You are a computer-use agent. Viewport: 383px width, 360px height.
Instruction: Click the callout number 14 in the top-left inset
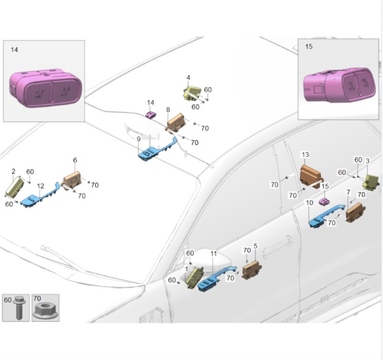point(14,50)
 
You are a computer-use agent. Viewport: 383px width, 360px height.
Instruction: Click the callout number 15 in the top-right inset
point(309,47)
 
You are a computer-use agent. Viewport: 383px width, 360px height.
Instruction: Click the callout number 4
point(189,77)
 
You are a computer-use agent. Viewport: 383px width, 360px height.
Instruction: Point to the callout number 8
point(168,110)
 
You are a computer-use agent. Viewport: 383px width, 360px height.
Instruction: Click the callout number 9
point(139,139)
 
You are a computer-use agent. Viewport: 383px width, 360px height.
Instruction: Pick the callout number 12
point(40,186)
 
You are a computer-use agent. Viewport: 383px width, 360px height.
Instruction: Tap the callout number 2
point(13,171)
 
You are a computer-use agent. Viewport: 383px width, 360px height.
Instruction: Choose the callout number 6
point(75,160)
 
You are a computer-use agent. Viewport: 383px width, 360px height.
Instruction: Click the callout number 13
point(305,154)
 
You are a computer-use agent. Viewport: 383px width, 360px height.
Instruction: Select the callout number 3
point(367,161)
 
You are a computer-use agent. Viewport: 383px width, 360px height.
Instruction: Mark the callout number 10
point(310,203)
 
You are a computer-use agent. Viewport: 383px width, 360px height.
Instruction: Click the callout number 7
point(348,192)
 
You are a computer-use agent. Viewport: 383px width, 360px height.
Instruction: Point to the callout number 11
point(213,253)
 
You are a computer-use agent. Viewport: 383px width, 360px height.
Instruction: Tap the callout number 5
point(255,246)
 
